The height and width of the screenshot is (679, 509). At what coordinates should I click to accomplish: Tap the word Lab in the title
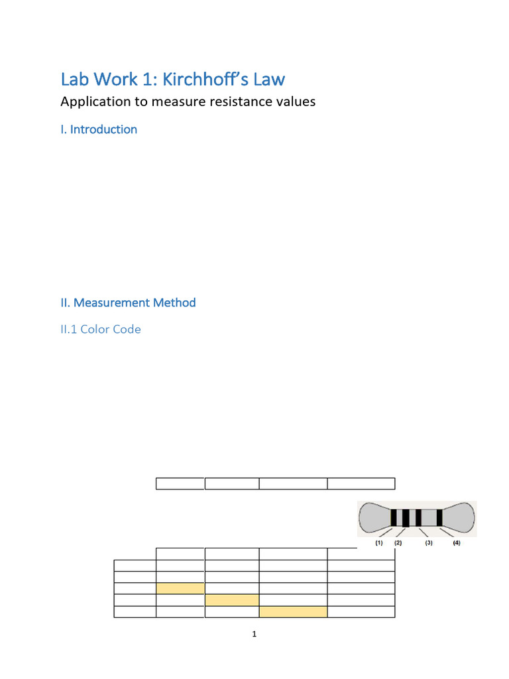pos(74,80)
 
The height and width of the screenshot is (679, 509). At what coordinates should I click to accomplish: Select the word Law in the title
pos(266,80)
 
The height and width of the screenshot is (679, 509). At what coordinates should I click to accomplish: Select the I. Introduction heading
pos(99,129)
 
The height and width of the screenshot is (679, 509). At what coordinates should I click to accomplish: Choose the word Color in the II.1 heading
pos(95,329)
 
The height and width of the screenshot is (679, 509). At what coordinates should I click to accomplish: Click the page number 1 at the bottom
pos(254,635)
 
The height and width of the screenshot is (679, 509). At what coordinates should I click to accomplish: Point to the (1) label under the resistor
pos(378,543)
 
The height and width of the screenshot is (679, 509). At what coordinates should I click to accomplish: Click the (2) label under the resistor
pos(398,543)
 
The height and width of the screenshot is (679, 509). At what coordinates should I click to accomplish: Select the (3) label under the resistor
pos(429,543)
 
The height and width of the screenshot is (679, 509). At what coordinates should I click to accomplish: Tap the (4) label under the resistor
pos(457,543)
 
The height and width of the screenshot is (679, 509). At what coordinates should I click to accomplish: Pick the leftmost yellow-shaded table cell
pos(180,588)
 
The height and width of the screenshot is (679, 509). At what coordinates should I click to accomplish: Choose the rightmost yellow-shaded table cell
pos(293,611)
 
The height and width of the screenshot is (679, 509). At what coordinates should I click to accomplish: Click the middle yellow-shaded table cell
pos(232,600)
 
